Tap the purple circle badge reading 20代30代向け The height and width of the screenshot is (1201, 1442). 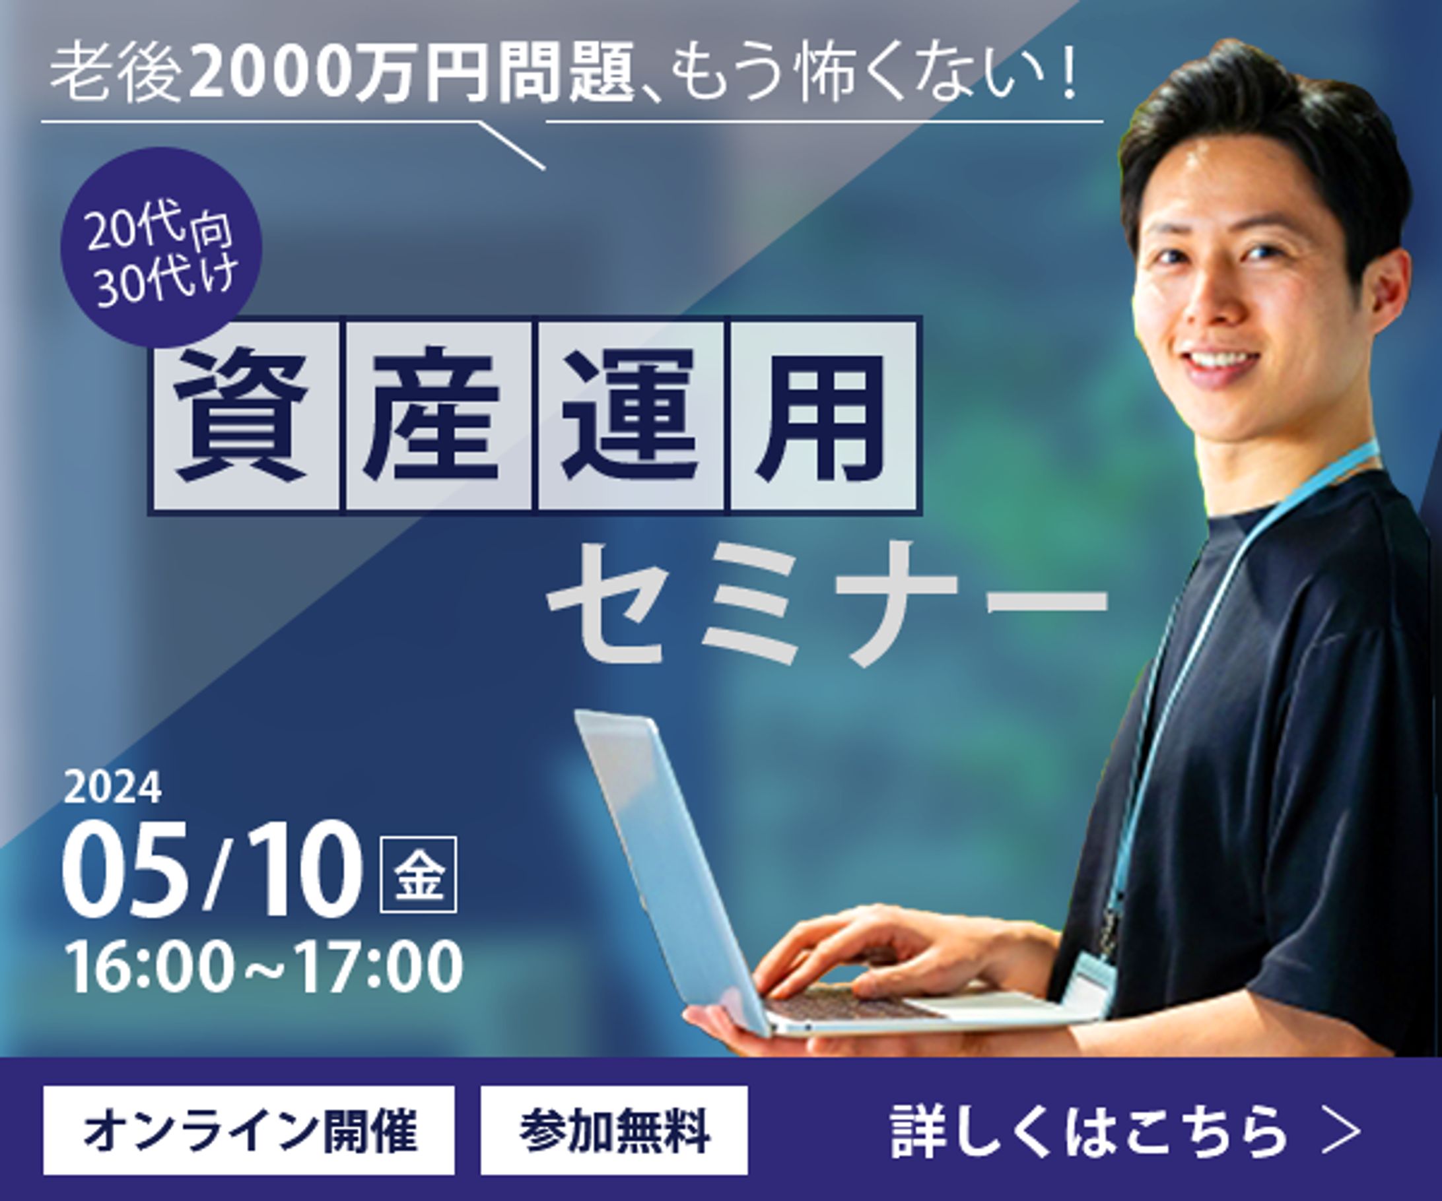162,247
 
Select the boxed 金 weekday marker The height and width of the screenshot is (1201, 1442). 418,874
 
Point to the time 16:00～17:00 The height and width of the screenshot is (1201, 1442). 263,967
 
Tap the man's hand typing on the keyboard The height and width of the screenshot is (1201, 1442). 872,950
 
